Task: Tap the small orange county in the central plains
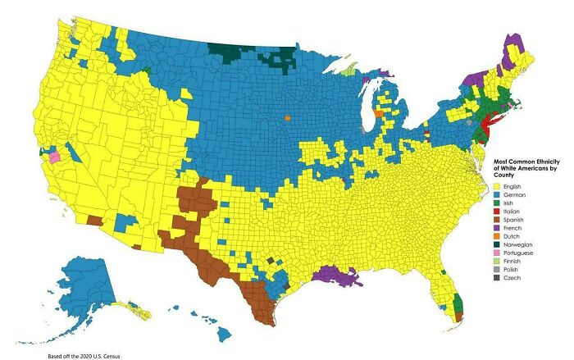288,118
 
